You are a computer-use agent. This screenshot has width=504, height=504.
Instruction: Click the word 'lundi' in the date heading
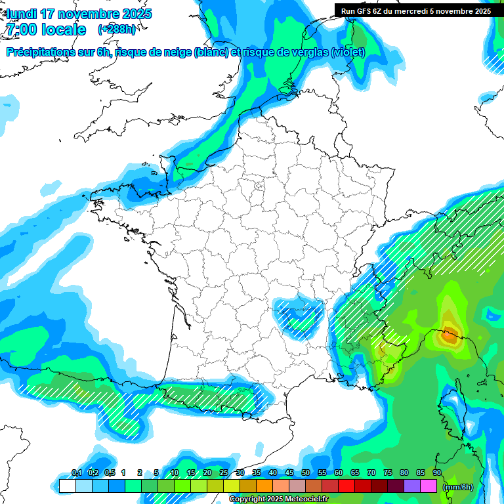21,14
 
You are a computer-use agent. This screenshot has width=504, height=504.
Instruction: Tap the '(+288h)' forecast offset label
116,30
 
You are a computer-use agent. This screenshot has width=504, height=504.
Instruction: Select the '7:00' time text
21,30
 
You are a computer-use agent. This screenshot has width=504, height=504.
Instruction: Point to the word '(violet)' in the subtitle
348,52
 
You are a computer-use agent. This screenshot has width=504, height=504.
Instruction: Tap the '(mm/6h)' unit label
457,486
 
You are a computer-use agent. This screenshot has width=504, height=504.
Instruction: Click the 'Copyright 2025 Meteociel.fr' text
278,499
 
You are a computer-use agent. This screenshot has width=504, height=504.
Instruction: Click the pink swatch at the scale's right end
429,486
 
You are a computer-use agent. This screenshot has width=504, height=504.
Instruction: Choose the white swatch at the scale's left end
67,486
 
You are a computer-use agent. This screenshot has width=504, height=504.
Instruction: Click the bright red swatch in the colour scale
346,486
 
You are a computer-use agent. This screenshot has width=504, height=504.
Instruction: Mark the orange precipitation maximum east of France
449,337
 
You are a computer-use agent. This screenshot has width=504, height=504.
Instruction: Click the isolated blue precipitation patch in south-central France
299,314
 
